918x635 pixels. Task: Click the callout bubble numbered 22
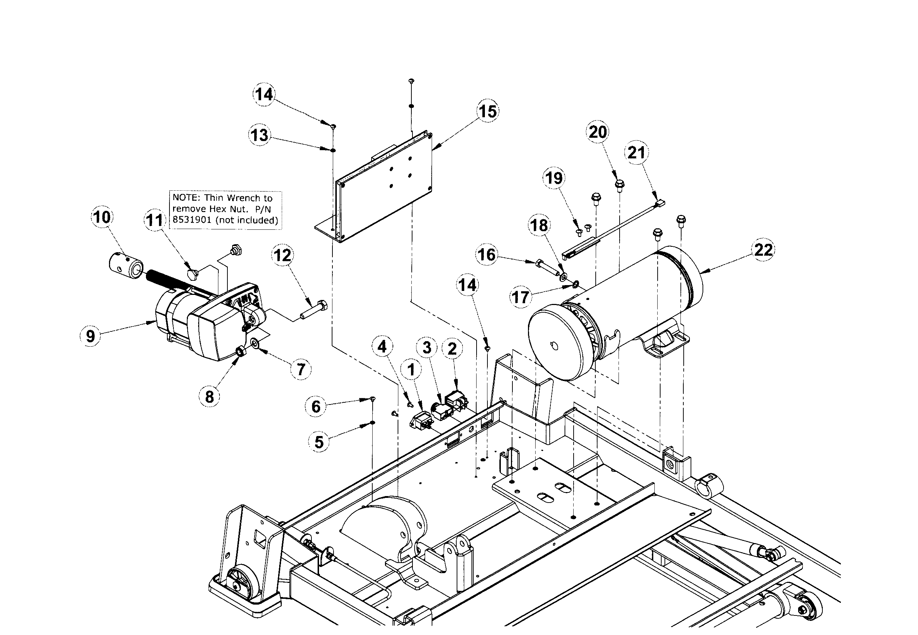tap(763, 250)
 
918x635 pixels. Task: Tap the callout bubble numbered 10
tap(102, 217)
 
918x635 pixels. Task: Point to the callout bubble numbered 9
tap(91, 336)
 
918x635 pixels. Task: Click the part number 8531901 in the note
tap(192, 220)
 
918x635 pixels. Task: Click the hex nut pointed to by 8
tap(240, 351)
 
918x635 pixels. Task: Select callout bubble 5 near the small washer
tap(319, 442)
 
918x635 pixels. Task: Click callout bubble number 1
tap(411, 370)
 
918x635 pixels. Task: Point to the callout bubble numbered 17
tap(521, 297)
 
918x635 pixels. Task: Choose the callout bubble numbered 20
tap(598, 132)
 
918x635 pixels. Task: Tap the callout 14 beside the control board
tap(264, 94)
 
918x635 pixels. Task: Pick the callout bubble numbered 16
tap(486, 255)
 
